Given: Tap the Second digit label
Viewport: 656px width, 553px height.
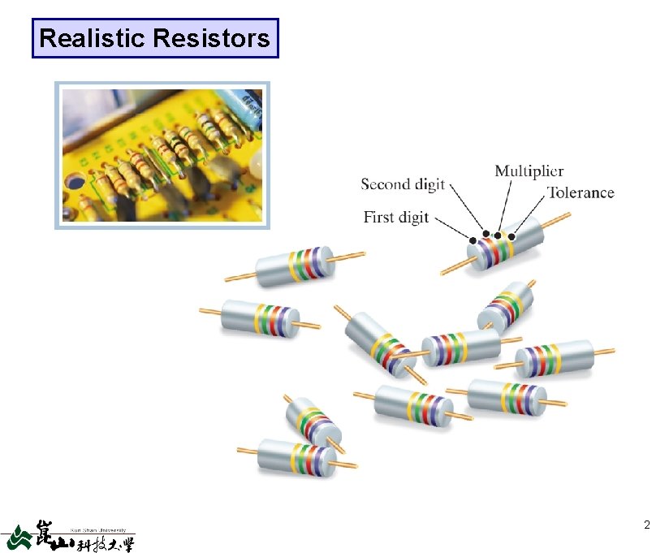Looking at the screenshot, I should point(403,184).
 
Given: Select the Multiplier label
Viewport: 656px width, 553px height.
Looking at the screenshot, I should point(529,171).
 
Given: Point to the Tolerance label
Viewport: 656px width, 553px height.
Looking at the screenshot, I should point(580,192).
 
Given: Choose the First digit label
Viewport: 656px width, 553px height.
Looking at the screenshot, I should point(395,217).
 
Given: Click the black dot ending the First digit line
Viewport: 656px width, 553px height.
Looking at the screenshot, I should point(473,241).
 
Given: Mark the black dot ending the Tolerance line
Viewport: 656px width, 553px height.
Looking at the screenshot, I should point(511,236).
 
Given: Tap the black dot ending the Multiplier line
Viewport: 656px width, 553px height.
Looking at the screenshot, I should point(497,235).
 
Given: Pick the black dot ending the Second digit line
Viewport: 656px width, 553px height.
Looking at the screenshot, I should point(486,234).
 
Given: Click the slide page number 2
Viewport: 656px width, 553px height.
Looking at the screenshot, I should point(645,525).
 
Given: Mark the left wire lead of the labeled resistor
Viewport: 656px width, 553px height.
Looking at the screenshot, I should point(453,267).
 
